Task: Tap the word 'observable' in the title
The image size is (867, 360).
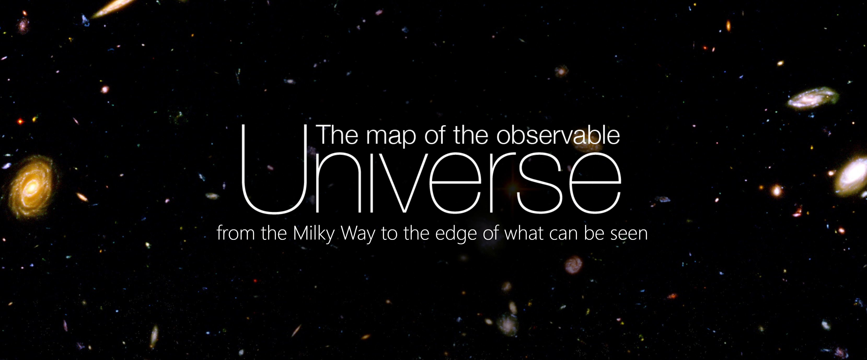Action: tap(558, 135)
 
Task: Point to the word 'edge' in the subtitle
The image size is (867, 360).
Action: tap(456, 234)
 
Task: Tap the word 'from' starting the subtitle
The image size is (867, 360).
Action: tap(236, 233)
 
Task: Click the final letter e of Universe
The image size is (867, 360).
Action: tap(595, 183)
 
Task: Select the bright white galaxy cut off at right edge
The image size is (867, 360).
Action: tap(852, 176)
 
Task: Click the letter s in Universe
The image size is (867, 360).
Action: tap(540, 183)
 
